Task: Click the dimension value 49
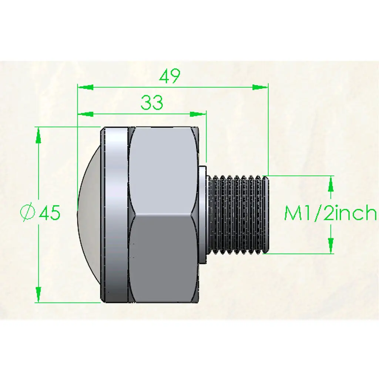(170, 76)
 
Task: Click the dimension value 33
(152, 103)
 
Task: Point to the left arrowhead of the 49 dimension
(85, 87)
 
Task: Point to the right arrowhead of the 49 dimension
(260, 87)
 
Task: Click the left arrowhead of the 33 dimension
(85, 114)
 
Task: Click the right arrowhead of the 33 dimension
(198, 114)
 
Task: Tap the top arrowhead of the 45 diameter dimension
(38, 135)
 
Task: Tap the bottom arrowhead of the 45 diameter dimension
(38, 294)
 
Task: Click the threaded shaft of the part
(237, 215)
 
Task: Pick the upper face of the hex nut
(163, 170)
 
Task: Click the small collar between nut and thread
(202, 215)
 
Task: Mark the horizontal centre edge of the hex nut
(163, 214)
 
